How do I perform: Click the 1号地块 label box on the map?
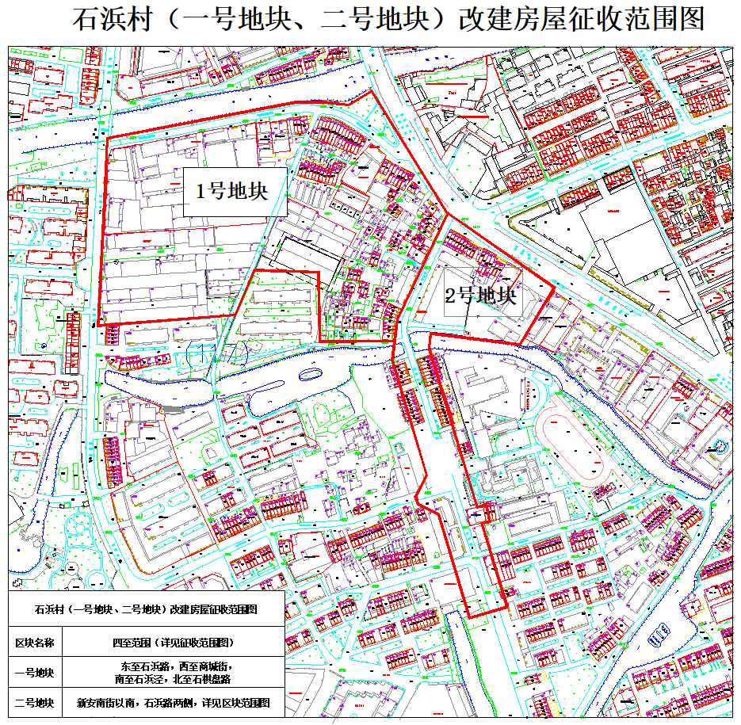coord(235,192)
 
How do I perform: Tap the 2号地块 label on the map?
coord(481,296)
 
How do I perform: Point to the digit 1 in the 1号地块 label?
coord(201,192)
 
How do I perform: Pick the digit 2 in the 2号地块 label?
coord(450,296)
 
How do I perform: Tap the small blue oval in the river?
coord(311,375)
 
